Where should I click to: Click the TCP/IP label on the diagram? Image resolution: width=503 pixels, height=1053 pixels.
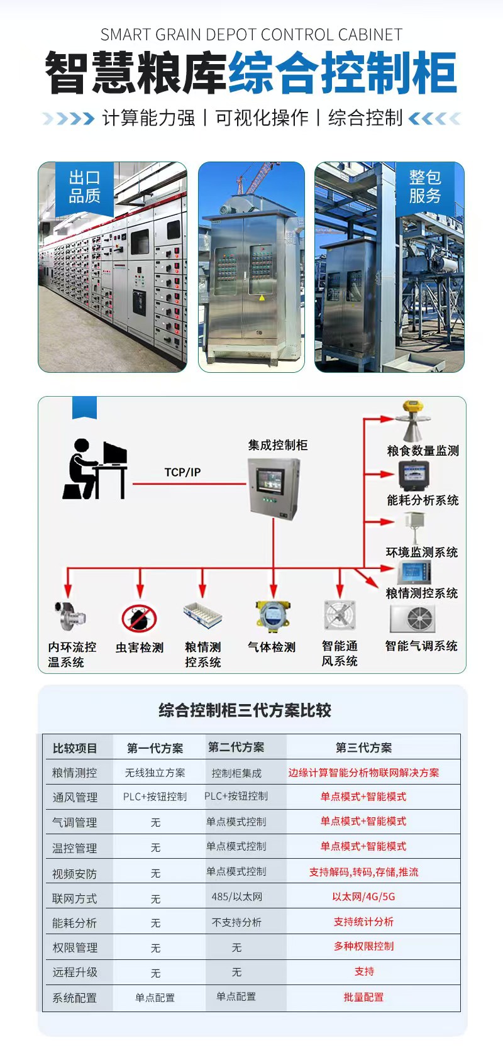(182, 472)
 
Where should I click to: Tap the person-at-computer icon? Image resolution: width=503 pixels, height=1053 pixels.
(94, 469)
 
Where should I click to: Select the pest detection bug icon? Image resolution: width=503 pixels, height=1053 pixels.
(139, 618)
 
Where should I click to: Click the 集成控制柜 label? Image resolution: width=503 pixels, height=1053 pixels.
(277, 445)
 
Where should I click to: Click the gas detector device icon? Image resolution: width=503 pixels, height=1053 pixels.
(272, 615)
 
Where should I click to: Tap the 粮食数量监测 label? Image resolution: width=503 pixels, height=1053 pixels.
(423, 451)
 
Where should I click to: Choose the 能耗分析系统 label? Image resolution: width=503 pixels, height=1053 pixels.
(423, 500)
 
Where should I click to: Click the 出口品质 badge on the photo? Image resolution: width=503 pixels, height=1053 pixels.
(84, 187)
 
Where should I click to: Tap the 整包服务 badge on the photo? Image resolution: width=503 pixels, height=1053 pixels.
(425, 187)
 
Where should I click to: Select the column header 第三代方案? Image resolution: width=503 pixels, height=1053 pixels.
(363, 747)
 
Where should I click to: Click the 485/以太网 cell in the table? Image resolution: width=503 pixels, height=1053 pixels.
(236, 896)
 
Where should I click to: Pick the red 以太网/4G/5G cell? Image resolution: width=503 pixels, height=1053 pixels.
(363, 896)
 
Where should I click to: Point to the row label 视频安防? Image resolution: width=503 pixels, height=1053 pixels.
(74, 873)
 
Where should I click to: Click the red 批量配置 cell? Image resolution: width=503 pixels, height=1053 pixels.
(363, 997)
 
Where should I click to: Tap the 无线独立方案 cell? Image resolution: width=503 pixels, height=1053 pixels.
(155, 773)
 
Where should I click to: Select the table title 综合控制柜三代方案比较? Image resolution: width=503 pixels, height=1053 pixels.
(245, 711)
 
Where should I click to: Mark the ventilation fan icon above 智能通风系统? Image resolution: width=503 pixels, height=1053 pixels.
(340, 615)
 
